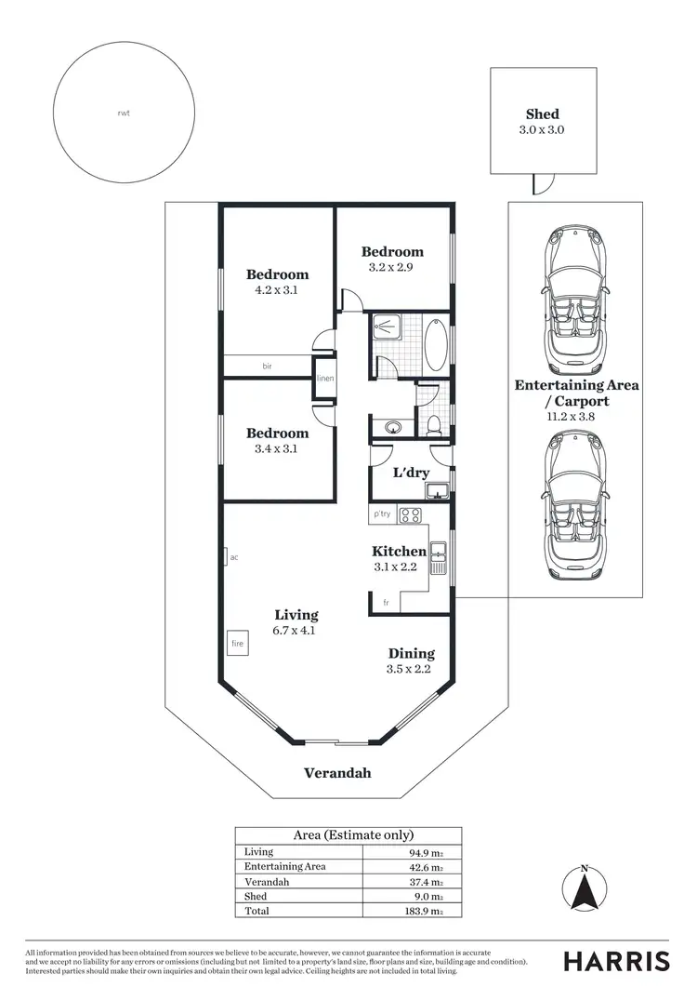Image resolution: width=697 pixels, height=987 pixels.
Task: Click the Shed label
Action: point(543,114)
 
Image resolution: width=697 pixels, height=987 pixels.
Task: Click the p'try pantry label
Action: point(382,514)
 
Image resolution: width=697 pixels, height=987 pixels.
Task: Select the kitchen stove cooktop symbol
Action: point(410,514)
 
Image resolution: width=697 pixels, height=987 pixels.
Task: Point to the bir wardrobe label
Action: point(267,367)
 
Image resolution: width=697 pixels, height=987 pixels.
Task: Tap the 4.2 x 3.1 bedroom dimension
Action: point(277,289)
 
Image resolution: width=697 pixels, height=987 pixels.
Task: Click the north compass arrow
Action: point(584,894)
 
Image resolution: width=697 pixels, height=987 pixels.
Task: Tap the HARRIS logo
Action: point(616,961)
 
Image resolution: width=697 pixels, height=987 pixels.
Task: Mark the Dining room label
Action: point(411,654)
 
